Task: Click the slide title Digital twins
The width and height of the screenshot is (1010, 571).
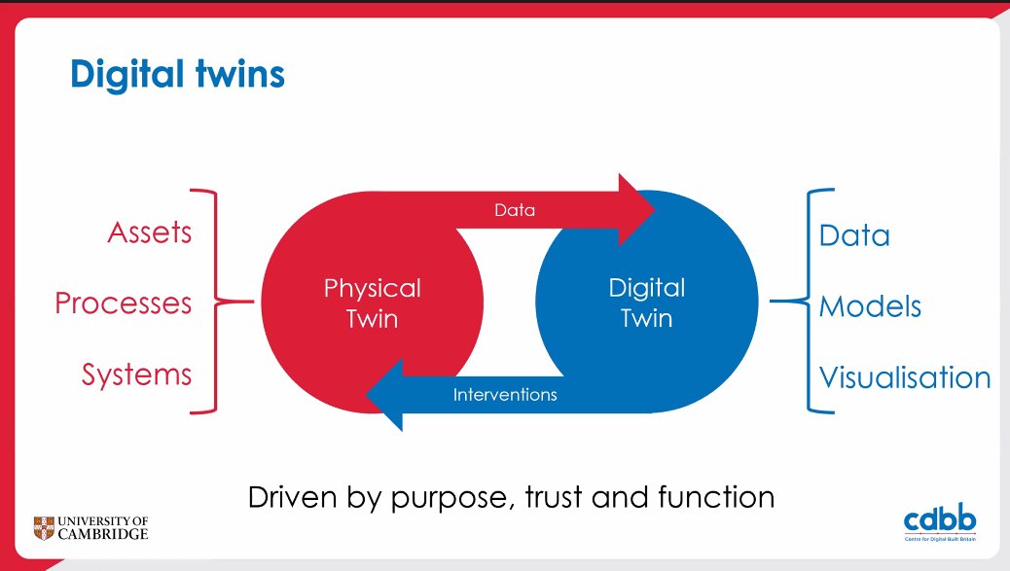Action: [x=177, y=74]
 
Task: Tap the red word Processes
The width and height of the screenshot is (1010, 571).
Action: [x=123, y=303]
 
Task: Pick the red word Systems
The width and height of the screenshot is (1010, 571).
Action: [x=136, y=375]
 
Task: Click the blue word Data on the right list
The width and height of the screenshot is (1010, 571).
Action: [x=854, y=235]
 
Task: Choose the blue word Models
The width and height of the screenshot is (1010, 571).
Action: [x=870, y=306]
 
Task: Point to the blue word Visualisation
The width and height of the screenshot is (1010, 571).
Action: [x=904, y=377]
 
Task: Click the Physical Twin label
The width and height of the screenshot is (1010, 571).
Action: [x=372, y=303]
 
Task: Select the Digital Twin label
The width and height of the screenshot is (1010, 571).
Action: [x=646, y=303]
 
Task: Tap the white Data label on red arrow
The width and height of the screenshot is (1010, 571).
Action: [x=515, y=209]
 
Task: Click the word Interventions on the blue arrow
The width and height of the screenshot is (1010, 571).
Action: [x=505, y=395]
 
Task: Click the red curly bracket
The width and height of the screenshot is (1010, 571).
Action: [x=219, y=301]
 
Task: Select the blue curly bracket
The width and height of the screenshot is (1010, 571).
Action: [x=803, y=301]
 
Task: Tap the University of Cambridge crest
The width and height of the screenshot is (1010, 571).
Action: [x=44, y=527]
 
